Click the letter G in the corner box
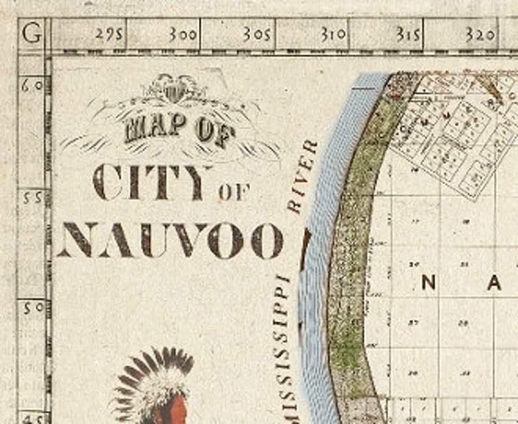click(31, 33)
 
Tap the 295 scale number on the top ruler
click(109, 35)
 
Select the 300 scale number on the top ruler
click(183, 35)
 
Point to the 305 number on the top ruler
click(256, 35)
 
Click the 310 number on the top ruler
click(332, 35)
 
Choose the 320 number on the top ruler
click(480, 35)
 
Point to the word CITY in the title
click(151, 182)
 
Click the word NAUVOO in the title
click(171, 240)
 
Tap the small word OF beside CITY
click(234, 192)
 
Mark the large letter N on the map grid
click(429, 282)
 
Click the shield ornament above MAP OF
click(174, 89)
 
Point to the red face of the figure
click(177, 408)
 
